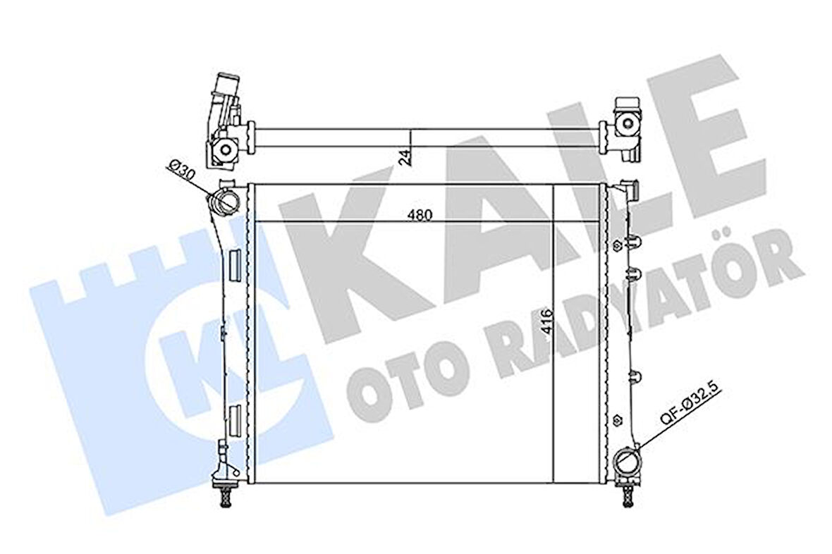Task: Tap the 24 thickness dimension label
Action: pyautogui.click(x=403, y=156)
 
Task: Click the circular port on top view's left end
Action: pyautogui.click(x=225, y=149)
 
